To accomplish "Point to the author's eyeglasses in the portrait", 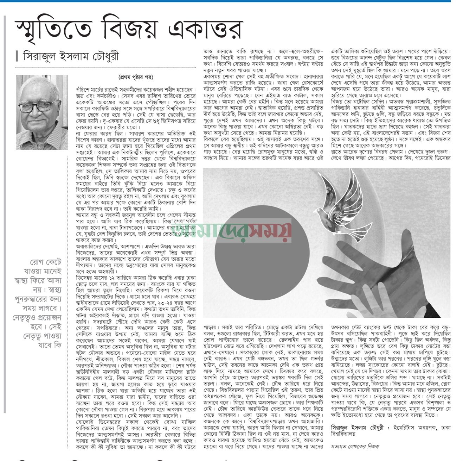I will (x=40, y=106).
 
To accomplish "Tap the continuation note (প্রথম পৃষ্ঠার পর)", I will (x=135, y=77).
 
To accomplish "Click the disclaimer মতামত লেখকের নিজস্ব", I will (x=355, y=446).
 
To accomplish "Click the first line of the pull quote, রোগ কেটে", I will (x=46, y=262).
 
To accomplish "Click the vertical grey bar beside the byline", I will (x=17, y=56).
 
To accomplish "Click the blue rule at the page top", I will (x=225, y=1).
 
